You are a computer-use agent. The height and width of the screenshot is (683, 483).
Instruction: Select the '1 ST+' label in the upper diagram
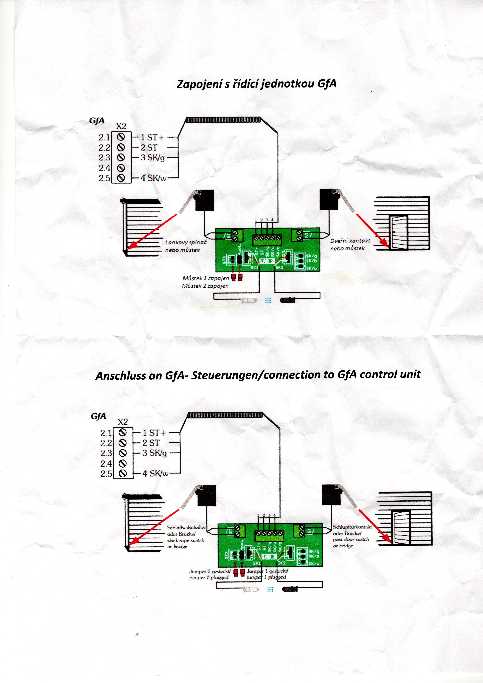coord(152,137)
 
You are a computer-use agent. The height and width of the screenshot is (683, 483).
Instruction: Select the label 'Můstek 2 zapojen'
coord(205,286)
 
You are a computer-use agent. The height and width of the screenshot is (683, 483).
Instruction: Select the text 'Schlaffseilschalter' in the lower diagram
coord(186,527)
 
